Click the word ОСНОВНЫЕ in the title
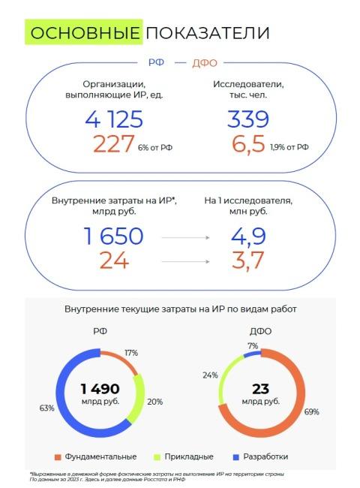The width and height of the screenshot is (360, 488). coord(85,33)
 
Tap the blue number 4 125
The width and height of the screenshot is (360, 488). coord(114,119)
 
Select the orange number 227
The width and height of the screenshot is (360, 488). coord(113,144)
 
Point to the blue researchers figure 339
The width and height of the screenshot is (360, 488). coord(248,119)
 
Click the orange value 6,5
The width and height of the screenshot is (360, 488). coord(248,144)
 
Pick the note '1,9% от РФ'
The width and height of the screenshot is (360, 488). coord(289,147)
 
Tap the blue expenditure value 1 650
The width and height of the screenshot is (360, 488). coord(113,236)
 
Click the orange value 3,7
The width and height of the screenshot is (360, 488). coord(247,261)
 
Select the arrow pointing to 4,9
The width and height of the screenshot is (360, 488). coord(185,238)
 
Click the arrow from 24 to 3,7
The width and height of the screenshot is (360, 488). coord(185,261)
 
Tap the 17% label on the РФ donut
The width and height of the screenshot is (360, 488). coord(131,353)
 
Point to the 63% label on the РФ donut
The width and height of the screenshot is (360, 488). coord(47,408)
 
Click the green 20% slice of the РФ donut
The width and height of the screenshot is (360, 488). coord(139,400)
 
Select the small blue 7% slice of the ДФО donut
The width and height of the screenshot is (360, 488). coord(252,354)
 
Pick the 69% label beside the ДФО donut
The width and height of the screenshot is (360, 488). coord(311,411)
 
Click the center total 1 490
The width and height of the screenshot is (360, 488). coord(100,389)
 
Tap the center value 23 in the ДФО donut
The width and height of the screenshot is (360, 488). coord(260,389)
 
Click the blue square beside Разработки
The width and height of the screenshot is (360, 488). coord(236,457)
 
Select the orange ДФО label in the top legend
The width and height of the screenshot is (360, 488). coord(205,63)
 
